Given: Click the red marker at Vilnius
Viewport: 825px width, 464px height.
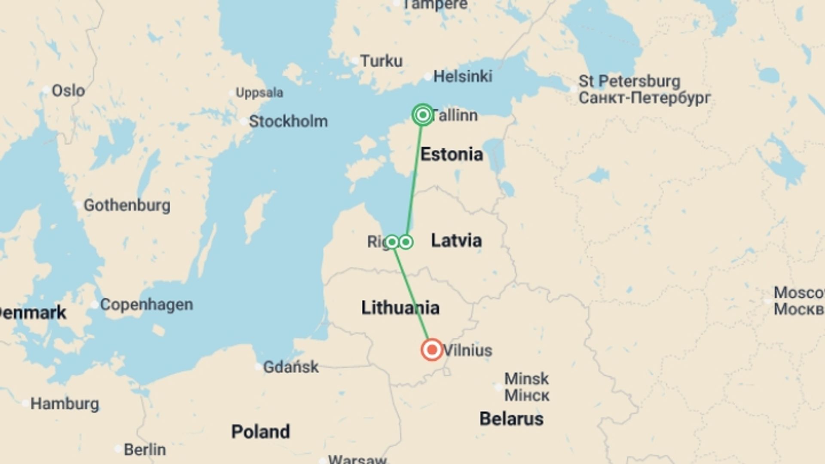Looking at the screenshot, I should coord(432,350).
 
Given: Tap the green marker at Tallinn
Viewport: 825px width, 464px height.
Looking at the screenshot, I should coord(423,115).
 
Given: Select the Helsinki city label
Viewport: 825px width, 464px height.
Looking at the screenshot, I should coord(463,76).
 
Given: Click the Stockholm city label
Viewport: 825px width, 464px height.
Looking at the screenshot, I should coord(288,122).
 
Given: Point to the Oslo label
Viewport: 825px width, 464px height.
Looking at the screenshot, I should coord(68,91).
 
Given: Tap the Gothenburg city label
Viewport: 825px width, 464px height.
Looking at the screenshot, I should coord(127,205).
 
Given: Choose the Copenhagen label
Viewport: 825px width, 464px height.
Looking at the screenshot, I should coord(147,305).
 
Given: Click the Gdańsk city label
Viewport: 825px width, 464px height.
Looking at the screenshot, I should coord(291,367).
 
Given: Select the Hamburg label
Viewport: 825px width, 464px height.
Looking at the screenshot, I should coord(64,404).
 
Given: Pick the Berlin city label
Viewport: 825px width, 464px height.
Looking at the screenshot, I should coord(145,449).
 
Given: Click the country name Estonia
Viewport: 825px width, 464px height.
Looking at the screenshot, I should coord(452,154).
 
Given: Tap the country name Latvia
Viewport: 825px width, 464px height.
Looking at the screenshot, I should coord(456,241).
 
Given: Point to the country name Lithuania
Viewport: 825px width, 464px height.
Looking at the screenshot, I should coord(400,308).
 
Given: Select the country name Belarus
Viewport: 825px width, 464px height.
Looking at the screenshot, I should coord(511,418).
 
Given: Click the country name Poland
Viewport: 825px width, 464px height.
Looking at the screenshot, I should coord(260,432).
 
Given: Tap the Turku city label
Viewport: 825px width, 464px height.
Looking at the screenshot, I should coord(381,61).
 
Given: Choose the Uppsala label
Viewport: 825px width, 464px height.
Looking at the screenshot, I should coord(260,93).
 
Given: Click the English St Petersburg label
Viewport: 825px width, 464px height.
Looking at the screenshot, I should coord(629,81).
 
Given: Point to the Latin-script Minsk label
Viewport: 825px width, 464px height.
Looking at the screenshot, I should coord(526,379).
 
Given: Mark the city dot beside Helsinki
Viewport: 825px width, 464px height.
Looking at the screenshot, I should coord(428,77).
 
